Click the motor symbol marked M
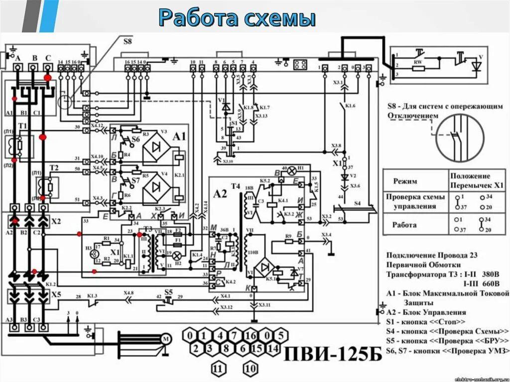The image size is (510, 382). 165,339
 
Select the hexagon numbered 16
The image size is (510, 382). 251,335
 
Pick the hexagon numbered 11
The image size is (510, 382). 217,369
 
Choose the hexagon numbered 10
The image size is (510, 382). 251,369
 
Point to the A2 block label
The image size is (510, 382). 220,193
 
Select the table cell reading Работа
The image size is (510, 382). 403,225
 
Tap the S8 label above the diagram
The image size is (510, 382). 128,43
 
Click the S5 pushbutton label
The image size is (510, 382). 169,291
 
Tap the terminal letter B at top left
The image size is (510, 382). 34,58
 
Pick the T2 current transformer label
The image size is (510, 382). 54,167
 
